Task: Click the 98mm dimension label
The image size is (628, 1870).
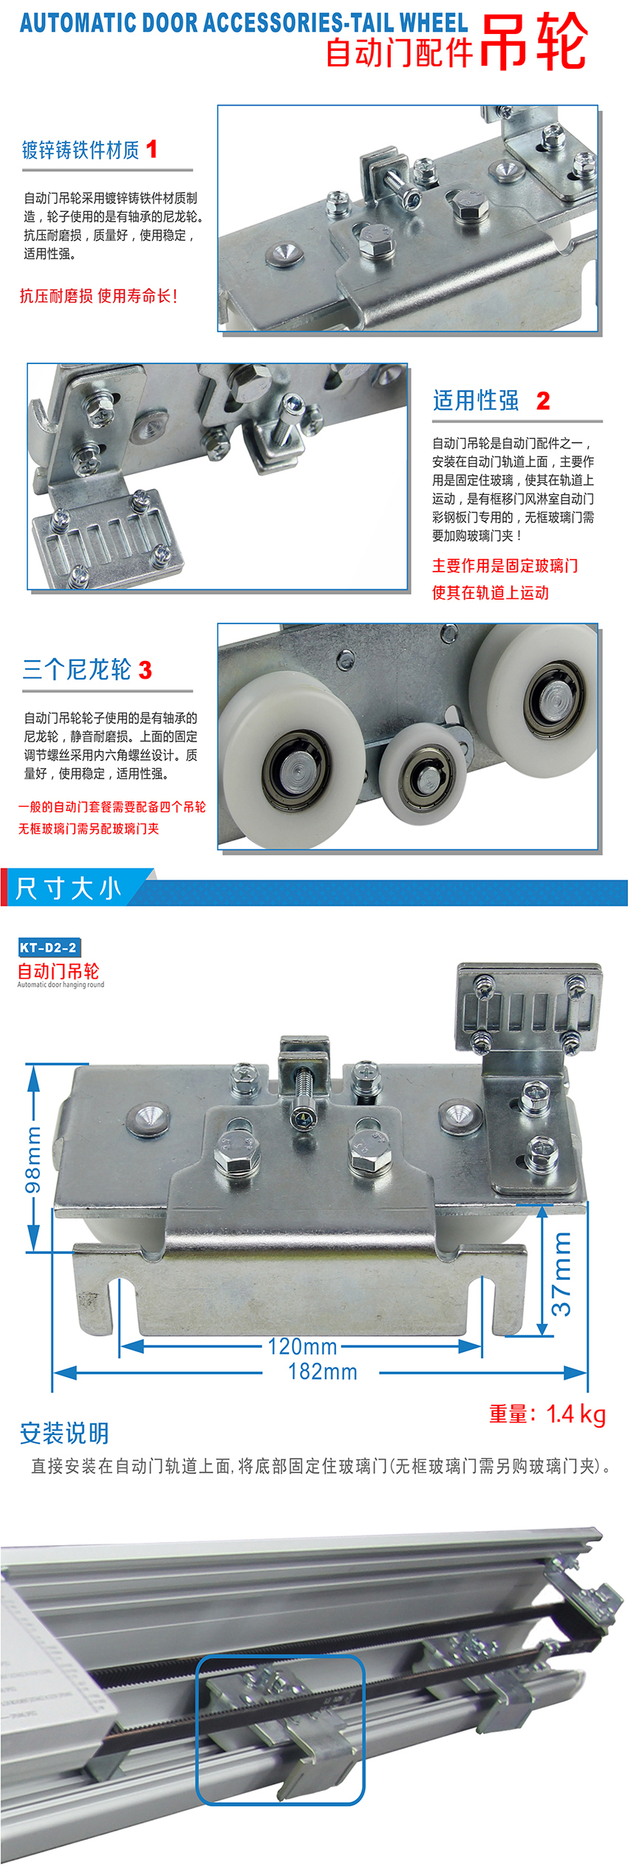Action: pos(34,1159)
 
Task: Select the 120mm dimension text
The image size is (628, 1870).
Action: pos(302,1346)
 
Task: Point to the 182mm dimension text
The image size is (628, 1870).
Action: pos(322,1371)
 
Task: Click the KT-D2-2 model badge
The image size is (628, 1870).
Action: pos(49,947)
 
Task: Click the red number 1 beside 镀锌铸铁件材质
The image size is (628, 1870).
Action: pos(151,149)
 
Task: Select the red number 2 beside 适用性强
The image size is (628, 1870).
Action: pos(543,400)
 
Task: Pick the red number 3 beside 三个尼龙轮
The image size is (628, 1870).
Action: pos(145,670)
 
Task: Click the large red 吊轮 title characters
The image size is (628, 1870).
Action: pos(533,42)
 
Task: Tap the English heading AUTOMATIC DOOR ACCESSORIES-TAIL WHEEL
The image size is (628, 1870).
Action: pos(244,23)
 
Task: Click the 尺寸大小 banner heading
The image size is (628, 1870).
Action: pos(68,888)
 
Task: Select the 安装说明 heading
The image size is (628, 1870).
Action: pos(64,1433)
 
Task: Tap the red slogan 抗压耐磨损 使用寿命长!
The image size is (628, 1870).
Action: pos(98,296)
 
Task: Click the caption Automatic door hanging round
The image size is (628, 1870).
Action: pos(61,984)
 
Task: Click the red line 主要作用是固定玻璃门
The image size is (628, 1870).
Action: pos(505,566)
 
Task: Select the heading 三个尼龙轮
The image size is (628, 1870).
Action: pos(77,670)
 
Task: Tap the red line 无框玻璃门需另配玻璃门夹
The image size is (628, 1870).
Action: pos(89,829)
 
